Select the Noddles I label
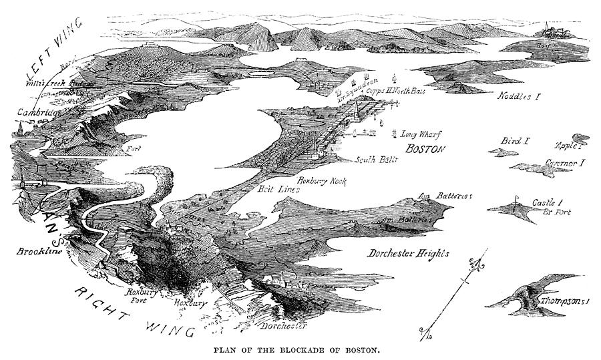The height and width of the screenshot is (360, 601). tap(519, 96)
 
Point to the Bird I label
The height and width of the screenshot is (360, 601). tap(516, 141)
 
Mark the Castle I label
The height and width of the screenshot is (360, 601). tap(548, 202)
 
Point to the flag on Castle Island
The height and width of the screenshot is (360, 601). tap(516, 198)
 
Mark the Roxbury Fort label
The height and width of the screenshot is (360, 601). tap(141, 296)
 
